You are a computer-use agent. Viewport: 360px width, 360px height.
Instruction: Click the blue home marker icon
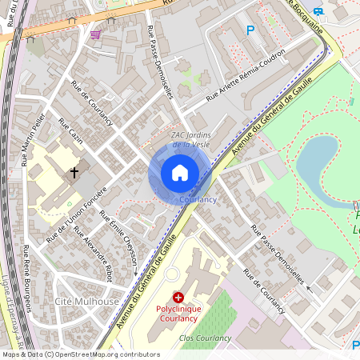[179, 173]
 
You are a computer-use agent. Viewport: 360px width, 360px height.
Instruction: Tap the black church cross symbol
[74, 172]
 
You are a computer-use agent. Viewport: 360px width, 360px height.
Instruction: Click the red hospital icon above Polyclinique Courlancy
[178, 297]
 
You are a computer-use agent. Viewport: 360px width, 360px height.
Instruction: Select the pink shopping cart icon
[96, 34]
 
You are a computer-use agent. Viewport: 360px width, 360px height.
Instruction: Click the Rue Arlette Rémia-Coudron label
[245, 85]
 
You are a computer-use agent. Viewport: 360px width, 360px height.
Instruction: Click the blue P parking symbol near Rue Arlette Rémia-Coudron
[250, 30]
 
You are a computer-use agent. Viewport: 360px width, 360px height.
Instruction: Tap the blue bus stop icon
[319, 11]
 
